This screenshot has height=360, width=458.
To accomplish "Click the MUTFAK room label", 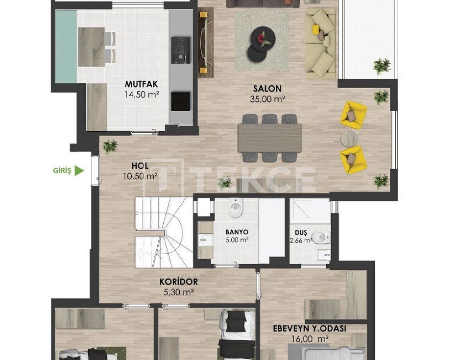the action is (141, 84).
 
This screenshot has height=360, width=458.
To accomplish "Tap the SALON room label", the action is (267, 89).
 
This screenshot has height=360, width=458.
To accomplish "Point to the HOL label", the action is (140, 166).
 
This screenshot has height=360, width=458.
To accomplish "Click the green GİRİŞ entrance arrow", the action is (79, 170).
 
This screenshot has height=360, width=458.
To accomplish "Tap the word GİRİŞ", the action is (62, 170).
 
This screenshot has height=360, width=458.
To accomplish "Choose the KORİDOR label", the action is (178, 282).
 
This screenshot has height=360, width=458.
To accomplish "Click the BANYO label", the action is (237, 232).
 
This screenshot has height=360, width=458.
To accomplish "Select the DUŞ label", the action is (301, 233).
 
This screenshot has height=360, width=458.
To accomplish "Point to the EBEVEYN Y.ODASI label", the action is (310, 329).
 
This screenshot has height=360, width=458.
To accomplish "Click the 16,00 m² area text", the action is (310, 339).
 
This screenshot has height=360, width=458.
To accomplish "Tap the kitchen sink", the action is (181, 50).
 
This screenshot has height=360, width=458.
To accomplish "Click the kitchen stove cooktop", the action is (181, 101).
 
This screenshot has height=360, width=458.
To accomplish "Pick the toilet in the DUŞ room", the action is (320, 237).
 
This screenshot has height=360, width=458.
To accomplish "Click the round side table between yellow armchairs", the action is (349, 138).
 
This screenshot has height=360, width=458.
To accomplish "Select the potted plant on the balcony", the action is (382, 66).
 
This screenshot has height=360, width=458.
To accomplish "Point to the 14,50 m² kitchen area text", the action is (142, 95).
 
